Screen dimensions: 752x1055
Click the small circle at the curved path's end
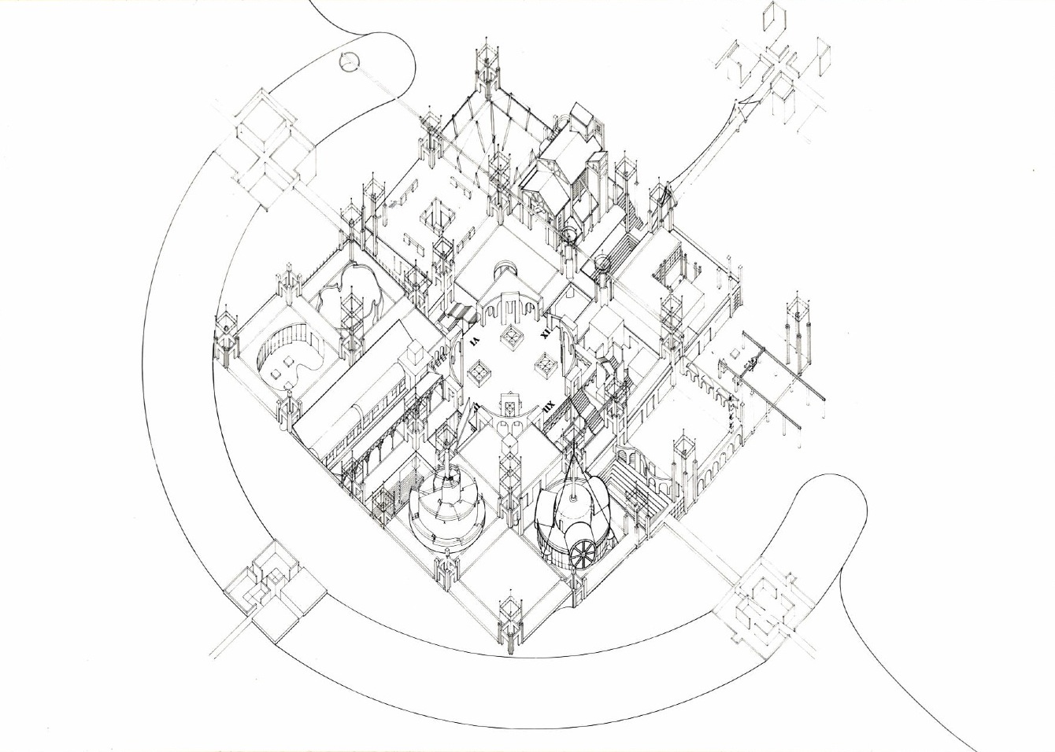pyautogui.click(x=349, y=61)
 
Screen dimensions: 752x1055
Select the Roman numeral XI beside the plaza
pyautogui.click(x=544, y=334)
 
